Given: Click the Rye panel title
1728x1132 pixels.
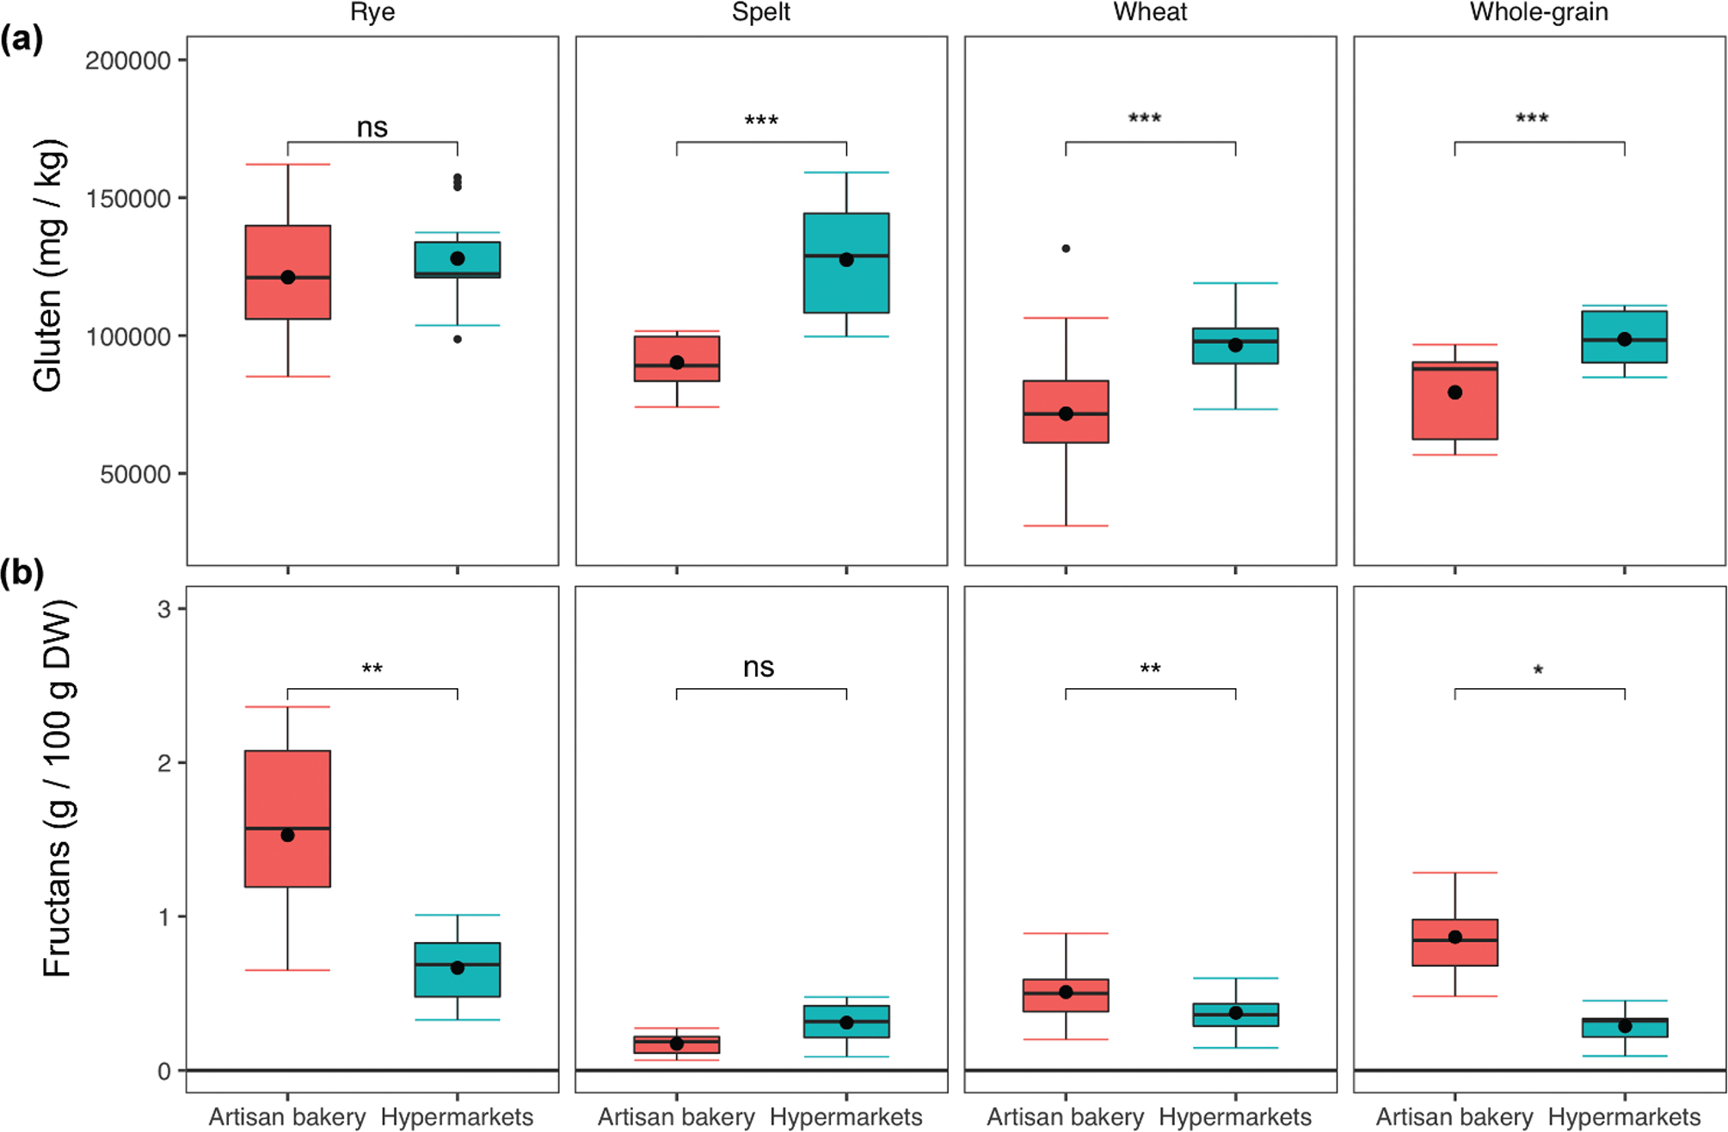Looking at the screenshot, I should tap(372, 12).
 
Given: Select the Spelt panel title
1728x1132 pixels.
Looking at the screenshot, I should tap(761, 12).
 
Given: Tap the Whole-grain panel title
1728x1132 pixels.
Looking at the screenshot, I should tap(1539, 12).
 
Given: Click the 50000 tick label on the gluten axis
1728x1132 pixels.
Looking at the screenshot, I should tap(135, 475).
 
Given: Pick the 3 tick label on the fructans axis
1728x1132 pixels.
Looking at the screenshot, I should tap(163, 610).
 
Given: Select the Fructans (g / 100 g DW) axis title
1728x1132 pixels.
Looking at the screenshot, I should tap(58, 789).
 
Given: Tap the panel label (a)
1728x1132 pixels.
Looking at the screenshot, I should tap(22, 40).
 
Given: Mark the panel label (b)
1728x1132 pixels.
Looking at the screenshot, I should tap(22, 573).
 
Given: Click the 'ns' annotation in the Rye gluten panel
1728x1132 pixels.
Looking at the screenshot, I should tap(372, 127).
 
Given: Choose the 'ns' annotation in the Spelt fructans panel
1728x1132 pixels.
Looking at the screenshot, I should tap(759, 667).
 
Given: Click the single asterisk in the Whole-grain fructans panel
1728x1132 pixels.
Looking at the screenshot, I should tap(1538, 671).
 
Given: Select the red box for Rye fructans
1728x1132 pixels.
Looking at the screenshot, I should tap(287, 818).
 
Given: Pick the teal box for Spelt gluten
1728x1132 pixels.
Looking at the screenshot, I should tap(846, 262).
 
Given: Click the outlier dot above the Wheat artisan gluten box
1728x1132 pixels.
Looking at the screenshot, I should tap(1066, 249).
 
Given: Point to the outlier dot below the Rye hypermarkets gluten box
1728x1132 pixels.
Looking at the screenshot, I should tap(458, 339).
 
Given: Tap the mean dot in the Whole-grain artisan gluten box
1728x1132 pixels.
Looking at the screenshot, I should tap(1454, 392).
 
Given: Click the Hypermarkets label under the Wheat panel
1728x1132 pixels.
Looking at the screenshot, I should tap(1235, 1117).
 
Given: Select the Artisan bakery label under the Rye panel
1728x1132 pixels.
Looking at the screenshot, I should tap(287, 1117).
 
